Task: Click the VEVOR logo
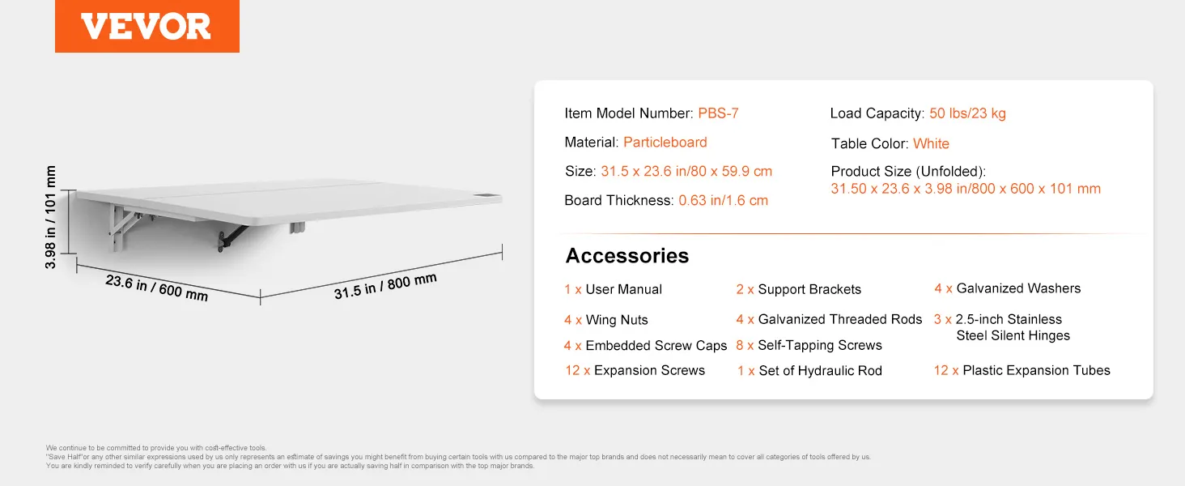click(147, 26)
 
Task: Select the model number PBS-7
click(718, 113)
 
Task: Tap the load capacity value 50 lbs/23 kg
click(967, 113)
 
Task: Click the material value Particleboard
click(665, 142)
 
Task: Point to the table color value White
click(931, 143)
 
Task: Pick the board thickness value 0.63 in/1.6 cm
click(723, 200)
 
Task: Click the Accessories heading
click(626, 256)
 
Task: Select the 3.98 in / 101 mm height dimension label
click(50, 217)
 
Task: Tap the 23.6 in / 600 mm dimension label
click(156, 288)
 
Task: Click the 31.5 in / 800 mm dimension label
click(385, 286)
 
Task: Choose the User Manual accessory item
click(613, 289)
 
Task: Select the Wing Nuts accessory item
click(605, 320)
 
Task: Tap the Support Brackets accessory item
click(798, 289)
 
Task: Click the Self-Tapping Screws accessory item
click(809, 345)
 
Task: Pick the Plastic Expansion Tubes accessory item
click(1021, 370)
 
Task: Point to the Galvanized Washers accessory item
click(1007, 288)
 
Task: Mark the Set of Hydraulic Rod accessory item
click(809, 371)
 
